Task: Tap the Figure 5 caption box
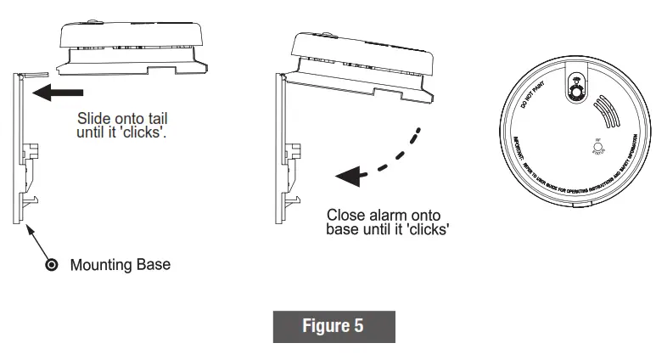tap(334, 327)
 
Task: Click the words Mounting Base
tap(120, 265)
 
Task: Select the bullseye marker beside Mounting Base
tap(51, 266)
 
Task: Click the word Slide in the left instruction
tap(95, 119)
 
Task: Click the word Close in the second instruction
tap(345, 216)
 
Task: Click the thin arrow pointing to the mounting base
tap(40, 243)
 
